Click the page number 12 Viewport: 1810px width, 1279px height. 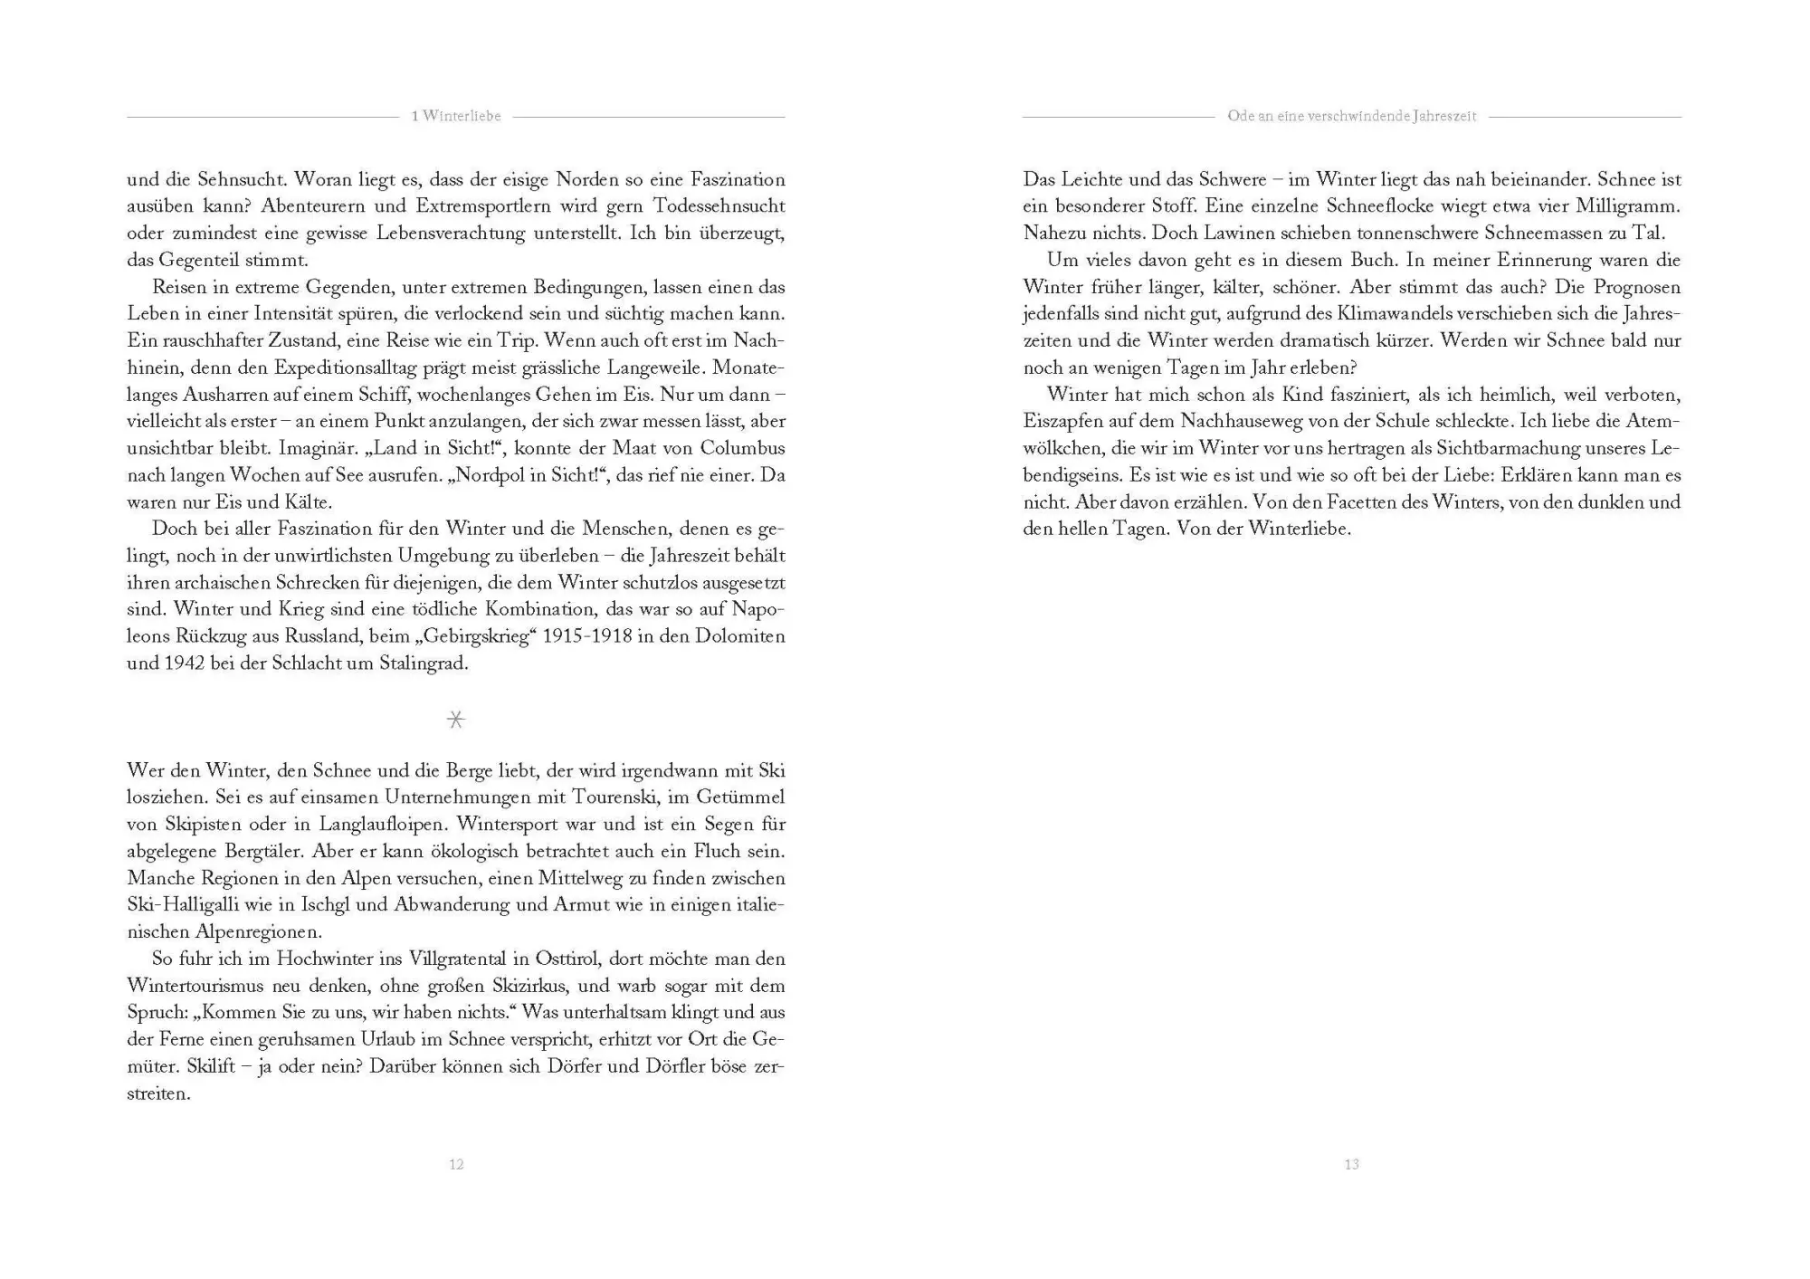[456, 1164]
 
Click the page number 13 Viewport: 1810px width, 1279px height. [1351, 1164]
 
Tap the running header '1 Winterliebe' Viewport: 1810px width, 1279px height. [456, 116]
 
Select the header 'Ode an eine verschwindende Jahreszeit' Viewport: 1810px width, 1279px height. [1351, 116]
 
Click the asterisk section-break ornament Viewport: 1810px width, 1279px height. [456, 720]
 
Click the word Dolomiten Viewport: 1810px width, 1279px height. [739, 635]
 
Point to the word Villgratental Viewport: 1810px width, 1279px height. [459, 959]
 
